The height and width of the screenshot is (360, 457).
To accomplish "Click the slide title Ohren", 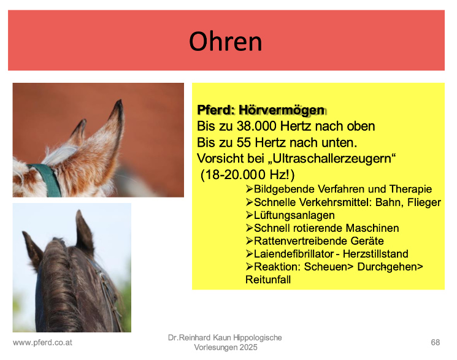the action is (226, 41).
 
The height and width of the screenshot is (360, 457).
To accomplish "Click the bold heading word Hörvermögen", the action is (281, 110).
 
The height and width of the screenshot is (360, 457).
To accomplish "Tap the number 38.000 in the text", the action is (256, 126).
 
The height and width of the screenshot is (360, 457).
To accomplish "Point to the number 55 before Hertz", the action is (244, 142).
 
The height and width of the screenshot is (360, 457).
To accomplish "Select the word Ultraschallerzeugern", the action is (332, 159).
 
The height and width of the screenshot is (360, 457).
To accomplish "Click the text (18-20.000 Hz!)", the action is (247, 175).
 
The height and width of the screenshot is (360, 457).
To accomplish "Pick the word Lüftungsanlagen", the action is (294, 215).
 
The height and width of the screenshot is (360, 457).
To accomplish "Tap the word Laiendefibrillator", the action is (294, 254).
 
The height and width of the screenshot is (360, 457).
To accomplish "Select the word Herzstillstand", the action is (375, 254).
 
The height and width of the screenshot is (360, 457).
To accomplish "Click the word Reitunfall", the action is (268, 280).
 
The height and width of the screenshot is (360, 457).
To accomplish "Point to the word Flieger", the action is (424, 202).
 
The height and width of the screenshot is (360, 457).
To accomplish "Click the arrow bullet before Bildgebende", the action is (249, 189).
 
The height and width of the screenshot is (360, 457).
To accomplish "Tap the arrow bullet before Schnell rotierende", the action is (249, 228).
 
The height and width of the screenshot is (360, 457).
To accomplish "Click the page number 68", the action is (436, 342).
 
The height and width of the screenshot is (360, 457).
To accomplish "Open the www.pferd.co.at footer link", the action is (42, 342).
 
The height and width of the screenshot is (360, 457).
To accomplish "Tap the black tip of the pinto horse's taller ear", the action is (119, 105).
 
